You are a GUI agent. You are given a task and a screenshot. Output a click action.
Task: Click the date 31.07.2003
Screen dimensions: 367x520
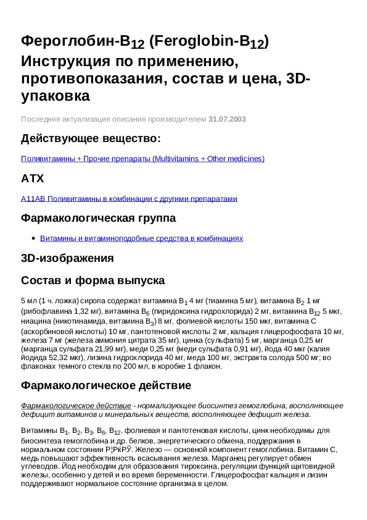click(228, 119)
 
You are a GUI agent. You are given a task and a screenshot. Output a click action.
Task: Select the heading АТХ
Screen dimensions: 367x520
click(33, 178)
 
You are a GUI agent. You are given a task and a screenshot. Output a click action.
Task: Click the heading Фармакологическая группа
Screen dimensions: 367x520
click(98, 218)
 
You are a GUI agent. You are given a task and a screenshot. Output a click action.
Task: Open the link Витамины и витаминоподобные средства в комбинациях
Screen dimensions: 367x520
click(141, 238)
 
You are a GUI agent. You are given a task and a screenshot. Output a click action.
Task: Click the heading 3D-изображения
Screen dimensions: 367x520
click(67, 258)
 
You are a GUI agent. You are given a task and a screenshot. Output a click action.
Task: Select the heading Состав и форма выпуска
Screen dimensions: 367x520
click(92, 280)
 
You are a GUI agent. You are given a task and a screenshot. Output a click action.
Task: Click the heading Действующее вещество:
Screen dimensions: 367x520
click(91, 138)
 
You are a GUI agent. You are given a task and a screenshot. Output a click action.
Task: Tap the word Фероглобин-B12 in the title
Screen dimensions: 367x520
click(83, 41)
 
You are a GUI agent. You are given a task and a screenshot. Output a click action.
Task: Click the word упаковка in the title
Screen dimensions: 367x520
click(56, 96)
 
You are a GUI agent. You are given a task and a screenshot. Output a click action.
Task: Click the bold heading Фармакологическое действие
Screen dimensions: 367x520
click(106, 385)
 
